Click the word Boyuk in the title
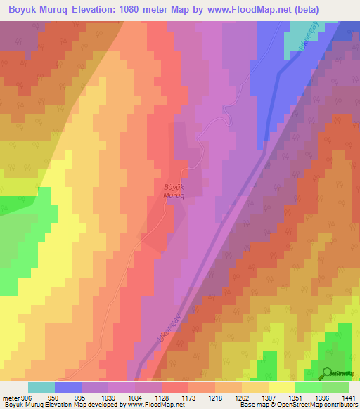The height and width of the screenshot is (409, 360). point(23,10)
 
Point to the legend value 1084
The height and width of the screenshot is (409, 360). point(135,398)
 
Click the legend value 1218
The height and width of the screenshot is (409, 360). point(214,398)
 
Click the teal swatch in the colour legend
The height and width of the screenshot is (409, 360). point(41,387)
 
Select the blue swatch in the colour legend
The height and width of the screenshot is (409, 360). point(68,387)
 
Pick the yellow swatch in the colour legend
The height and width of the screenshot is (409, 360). point(282,387)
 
